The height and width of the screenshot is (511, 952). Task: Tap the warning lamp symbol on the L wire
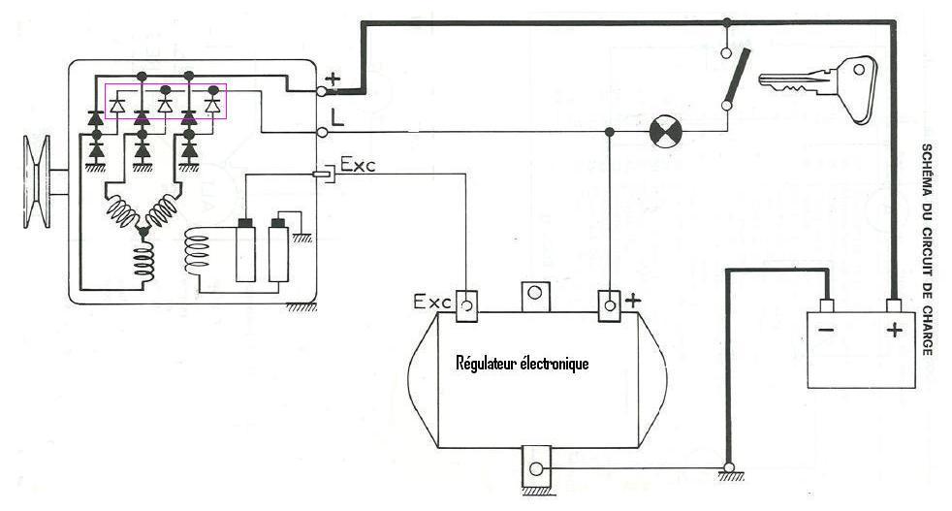pyautogui.click(x=665, y=132)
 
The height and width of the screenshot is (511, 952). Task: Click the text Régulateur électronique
pyautogui.click(x=523, y=364)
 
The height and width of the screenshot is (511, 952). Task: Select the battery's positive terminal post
pyautogui.click(x=893, y=305)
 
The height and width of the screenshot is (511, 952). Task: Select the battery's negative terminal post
pyautogui.click(x=826, y=305)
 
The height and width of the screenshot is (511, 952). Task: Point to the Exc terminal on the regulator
pyautogui.click(x=466, y=305)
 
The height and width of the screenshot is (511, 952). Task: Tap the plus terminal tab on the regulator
pyautogui.click(x=610, y=305)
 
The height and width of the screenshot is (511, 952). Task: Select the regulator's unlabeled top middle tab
pyautogui.click(x=534, y=296)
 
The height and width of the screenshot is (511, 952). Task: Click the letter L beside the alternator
pyautogui.click(x=337, y=117)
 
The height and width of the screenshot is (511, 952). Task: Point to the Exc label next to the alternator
pyautogui.click(x=358, y=164)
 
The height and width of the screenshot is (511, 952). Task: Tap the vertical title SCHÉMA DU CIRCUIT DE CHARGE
pyautogui.click(x=927, y=249)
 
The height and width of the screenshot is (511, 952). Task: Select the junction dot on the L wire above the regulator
pyautogui.click(x=610, y=132)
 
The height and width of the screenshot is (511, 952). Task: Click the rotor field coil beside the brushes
pyautogui.click(x=198, y=251)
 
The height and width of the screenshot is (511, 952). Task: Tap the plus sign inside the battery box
pyautogui.click(x=894, y=330)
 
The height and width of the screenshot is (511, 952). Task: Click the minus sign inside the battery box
pyautogui.click(x=826, y=330)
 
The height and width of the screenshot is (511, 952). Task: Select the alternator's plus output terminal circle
pyautogui.click(x=323, y=91)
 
